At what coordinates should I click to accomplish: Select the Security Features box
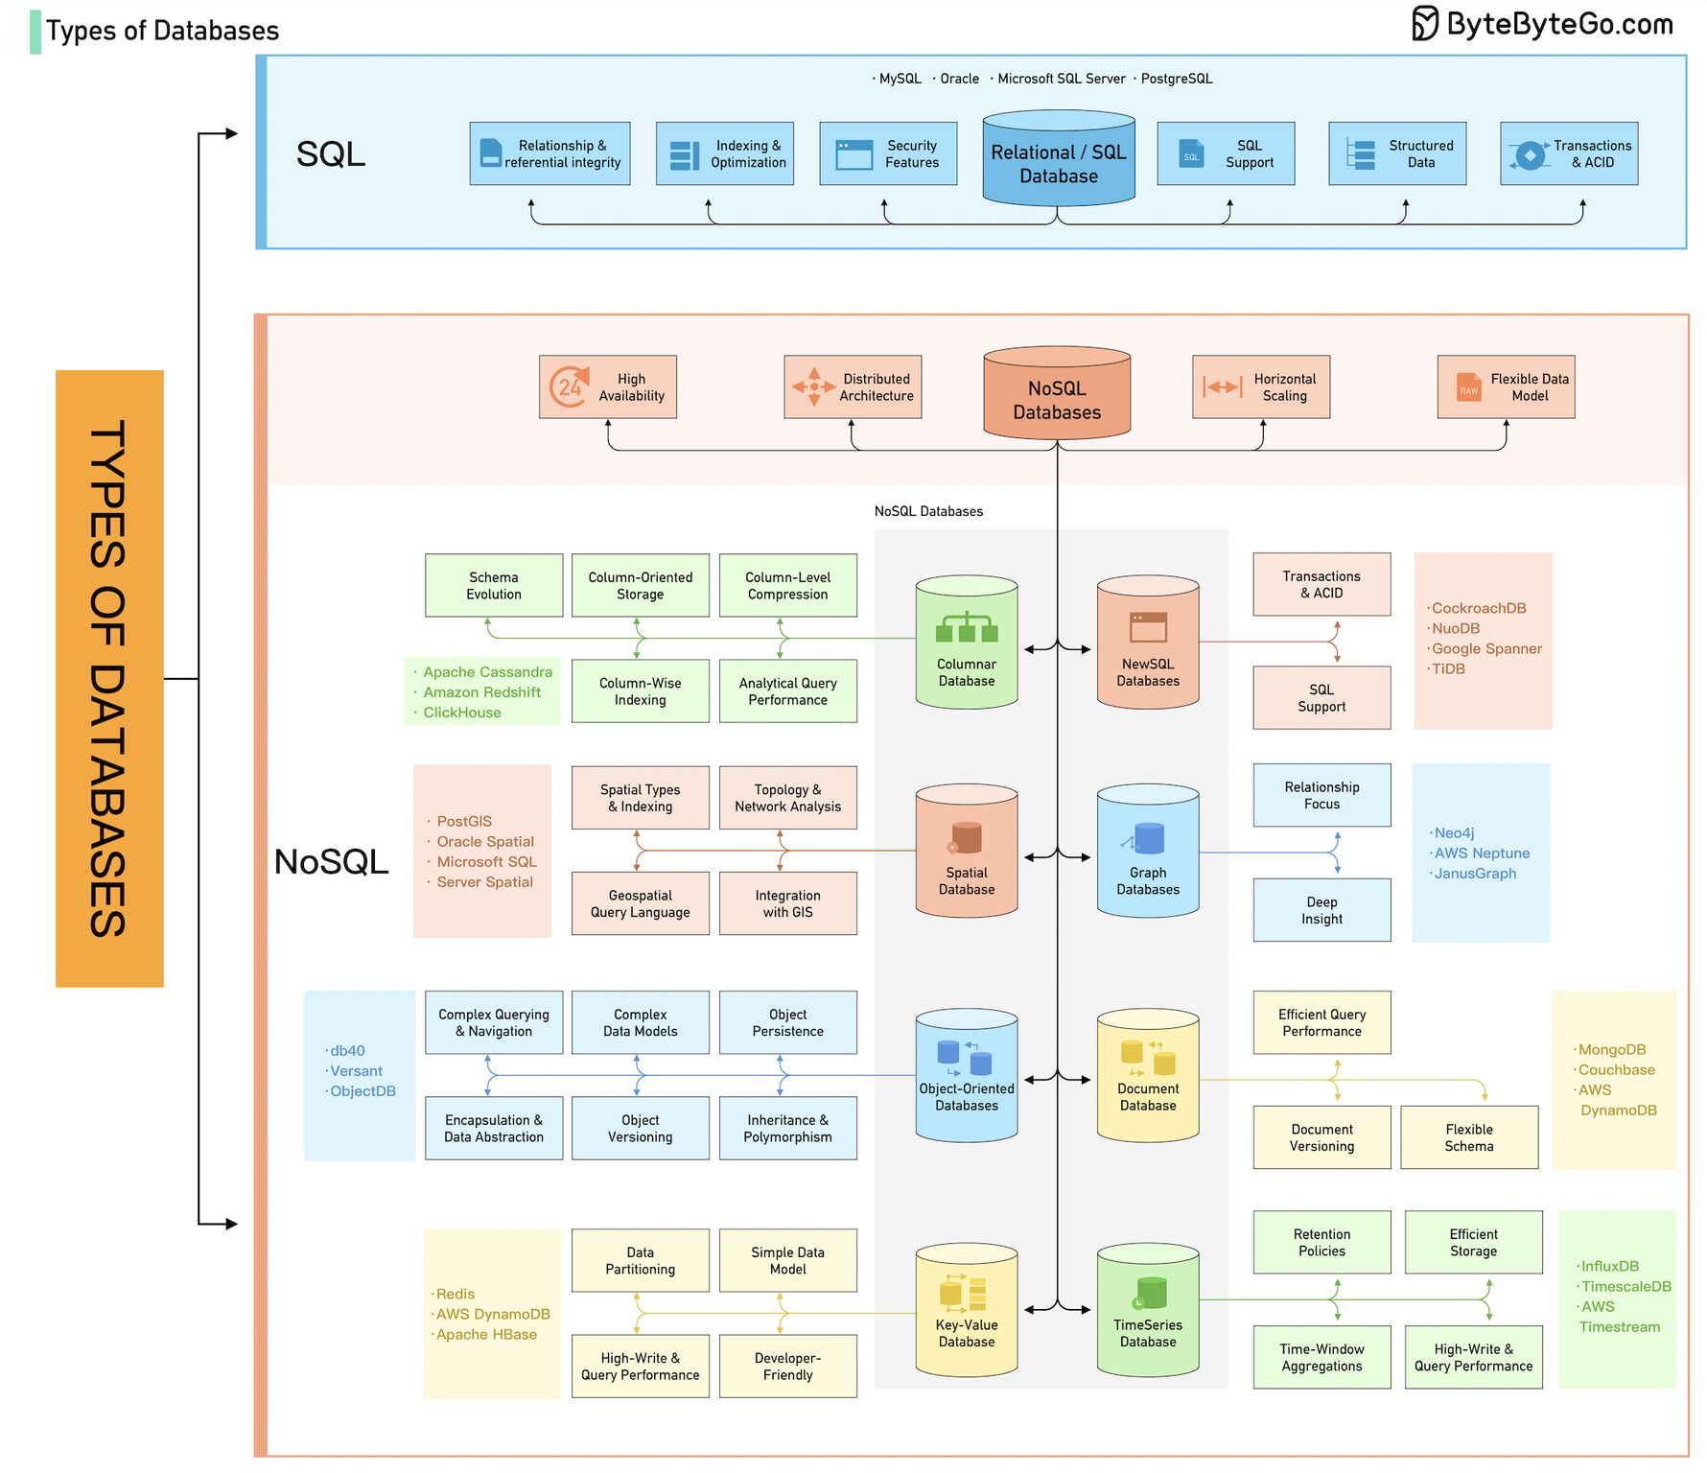888,153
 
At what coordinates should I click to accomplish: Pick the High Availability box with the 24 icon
608,387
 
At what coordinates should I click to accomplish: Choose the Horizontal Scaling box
1260,387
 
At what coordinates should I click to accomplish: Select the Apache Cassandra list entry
487,672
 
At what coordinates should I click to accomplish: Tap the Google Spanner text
1486,649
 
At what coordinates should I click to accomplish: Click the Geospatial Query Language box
640,903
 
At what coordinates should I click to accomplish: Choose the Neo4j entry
1454,833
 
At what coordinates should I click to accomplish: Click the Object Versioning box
640,1129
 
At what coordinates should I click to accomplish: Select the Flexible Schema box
1468,1137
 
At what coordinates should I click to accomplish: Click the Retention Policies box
1321,1243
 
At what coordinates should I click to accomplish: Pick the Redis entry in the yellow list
456,1295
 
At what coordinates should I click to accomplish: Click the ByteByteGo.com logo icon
1424,23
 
